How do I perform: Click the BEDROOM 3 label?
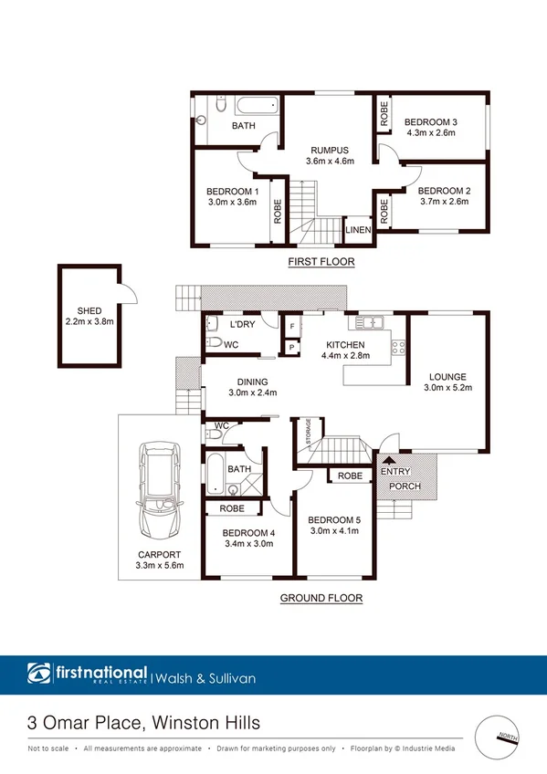click(431, 122)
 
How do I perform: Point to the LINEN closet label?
click(358, 230)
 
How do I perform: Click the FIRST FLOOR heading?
click(321, 262)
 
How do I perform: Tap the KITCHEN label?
click(346, 345)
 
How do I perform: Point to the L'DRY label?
click(242, 325)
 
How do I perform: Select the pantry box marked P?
click(292, 347)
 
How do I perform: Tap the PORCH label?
click(405, 486)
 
